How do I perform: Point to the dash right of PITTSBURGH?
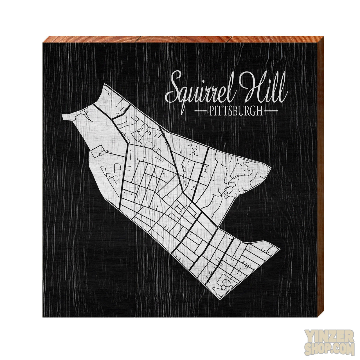pos(272,111)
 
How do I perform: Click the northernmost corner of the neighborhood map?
pos(105,84)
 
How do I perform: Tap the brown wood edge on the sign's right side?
pos(319,180)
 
